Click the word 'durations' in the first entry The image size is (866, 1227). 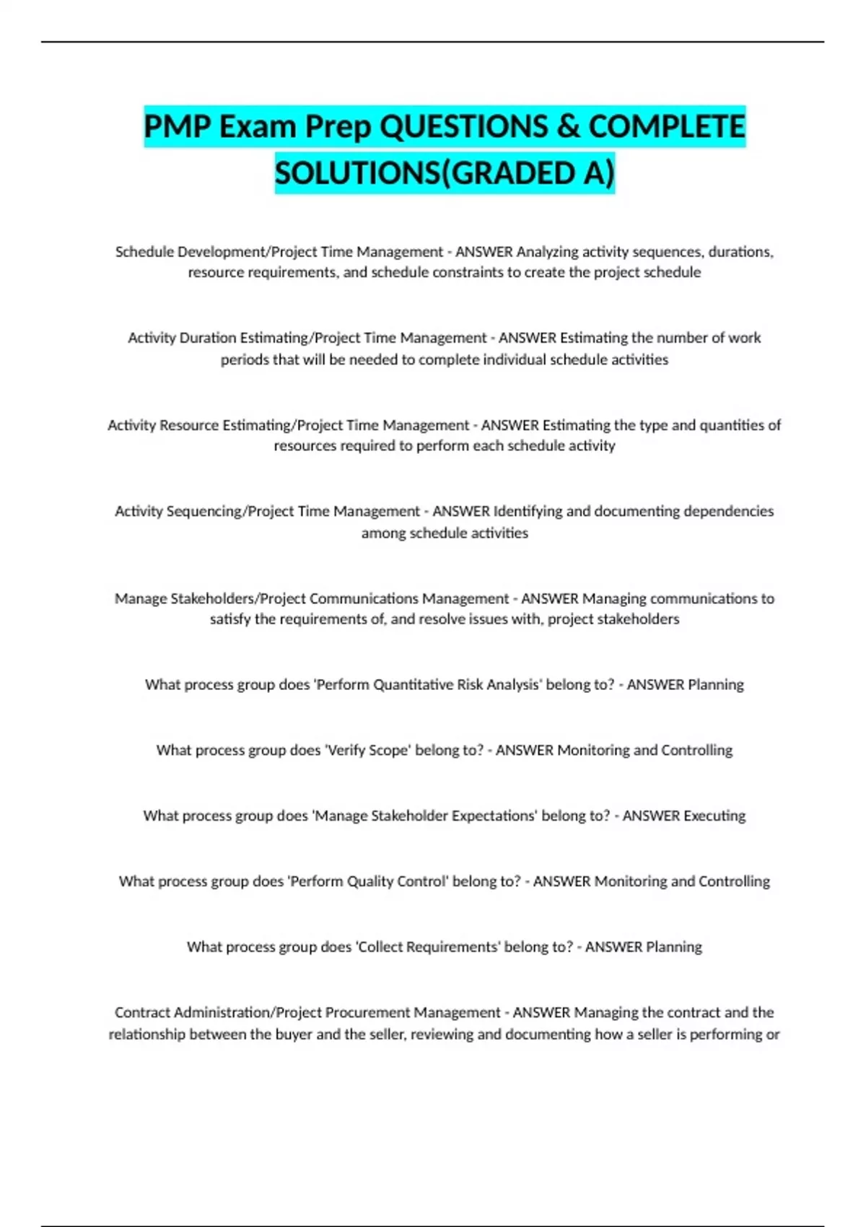[740, 252]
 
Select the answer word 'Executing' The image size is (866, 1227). [714, 816]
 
